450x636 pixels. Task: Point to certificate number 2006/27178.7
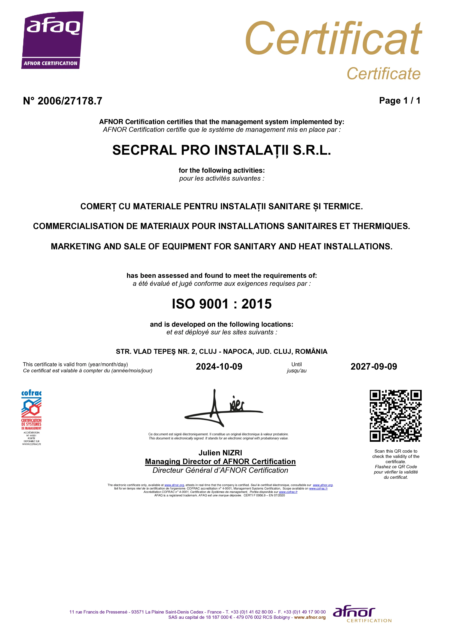[x=63, y=101]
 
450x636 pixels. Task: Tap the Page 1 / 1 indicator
[x=399, y=100]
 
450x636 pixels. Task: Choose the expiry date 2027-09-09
[x=374, y=367]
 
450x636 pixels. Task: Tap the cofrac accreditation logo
[x=31, y=417]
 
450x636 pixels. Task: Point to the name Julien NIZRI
[x=220, y=453]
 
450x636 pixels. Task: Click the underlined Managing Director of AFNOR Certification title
[x=220, y=462]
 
